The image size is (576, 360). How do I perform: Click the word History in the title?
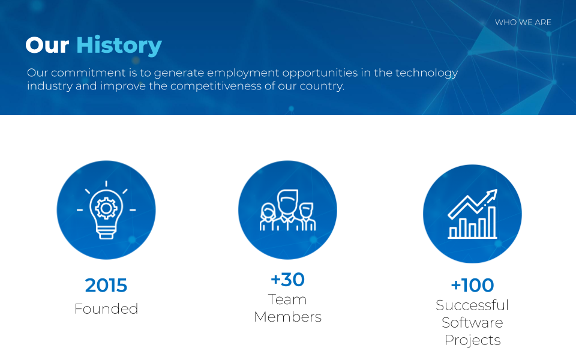[119, 46]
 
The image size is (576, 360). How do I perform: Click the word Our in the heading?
[47, 46]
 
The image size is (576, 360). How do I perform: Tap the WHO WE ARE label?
[523, 22]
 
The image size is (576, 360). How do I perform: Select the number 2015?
[106, 286]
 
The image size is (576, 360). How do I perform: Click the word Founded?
[106, 309]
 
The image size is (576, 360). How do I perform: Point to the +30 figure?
[287, 280]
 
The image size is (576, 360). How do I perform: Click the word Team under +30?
[287, 300]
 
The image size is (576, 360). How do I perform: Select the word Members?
[287, 317]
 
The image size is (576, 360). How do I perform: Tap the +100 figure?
[472, 286]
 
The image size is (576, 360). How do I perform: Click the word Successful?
[472, 305]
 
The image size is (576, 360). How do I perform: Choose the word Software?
[472, 323]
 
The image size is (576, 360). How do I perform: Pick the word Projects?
[472, 340]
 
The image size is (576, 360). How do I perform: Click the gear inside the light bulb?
[106, 208]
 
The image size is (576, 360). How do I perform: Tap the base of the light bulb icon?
[106, 233]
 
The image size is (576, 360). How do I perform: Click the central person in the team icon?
[287, 209]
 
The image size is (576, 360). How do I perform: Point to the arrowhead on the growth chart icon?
[491, 194]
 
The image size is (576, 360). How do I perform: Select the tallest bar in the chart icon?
[492, 222]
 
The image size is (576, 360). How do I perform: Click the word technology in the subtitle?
[427, 73]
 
